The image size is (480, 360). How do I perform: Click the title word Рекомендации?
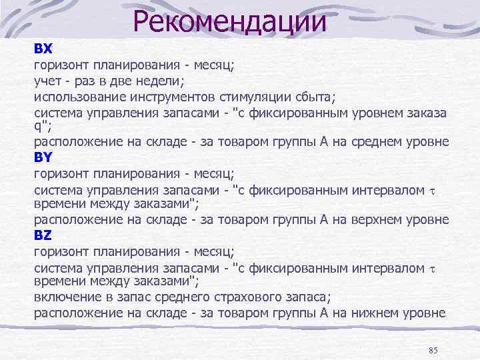(229, 21)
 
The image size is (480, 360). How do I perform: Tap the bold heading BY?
(43, 158)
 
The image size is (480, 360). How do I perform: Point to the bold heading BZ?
(43, 235)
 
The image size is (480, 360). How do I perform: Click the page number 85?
(433, 351)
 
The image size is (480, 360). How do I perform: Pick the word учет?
(48, 81)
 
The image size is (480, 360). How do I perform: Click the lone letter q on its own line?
(37, 127)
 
